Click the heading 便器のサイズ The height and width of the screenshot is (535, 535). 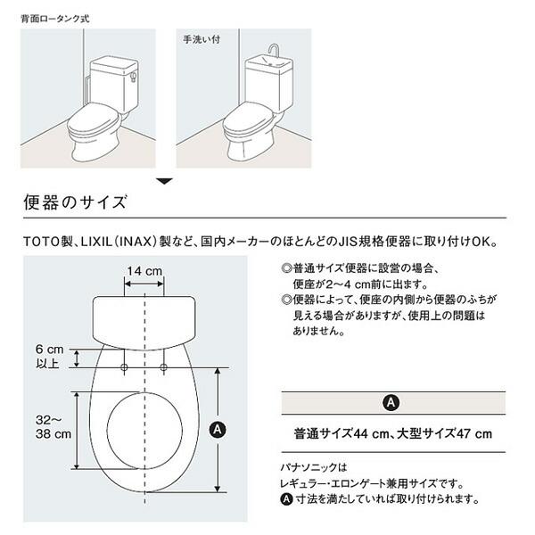click(75, 202)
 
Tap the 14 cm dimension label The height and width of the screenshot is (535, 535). click(143, 270)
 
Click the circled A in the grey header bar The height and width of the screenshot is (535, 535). click(390, 402)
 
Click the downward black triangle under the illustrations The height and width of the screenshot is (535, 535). click(164, 182)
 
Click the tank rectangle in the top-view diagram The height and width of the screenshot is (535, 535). click(144, 318)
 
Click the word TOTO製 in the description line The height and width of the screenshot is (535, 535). click(45, 242)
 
